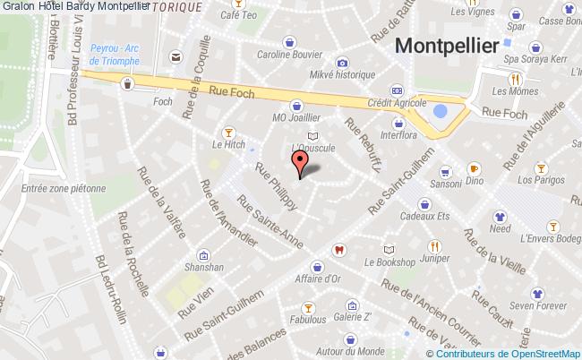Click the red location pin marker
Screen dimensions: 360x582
tap(300, 161)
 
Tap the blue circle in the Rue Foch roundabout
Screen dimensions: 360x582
tap(440, 113)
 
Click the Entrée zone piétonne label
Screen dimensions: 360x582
tap(64, 189)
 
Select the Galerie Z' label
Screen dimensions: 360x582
tap(352, 318)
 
